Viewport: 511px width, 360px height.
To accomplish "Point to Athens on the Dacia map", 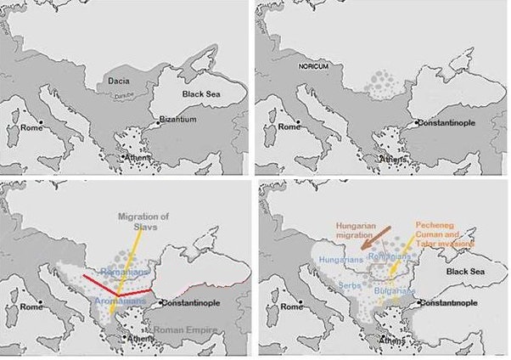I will tap(141, 157).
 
